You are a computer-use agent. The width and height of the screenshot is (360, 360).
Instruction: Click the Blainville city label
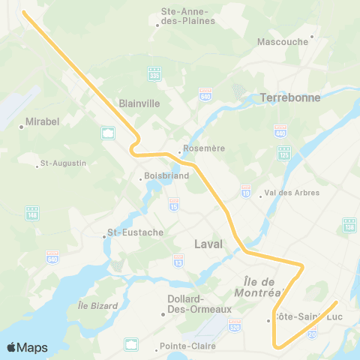139,104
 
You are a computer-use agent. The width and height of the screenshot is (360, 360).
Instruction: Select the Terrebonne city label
290,97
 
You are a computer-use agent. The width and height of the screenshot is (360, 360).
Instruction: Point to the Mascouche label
283,42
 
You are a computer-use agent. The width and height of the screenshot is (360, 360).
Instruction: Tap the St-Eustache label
135,232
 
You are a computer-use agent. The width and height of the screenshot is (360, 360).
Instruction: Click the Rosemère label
204,148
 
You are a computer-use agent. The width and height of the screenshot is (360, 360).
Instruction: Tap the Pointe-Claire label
186,346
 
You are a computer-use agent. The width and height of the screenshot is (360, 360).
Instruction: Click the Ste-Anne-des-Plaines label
188,16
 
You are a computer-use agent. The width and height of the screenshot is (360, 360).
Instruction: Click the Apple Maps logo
27,347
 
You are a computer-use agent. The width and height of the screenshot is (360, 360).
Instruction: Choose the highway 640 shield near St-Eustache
52,258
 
